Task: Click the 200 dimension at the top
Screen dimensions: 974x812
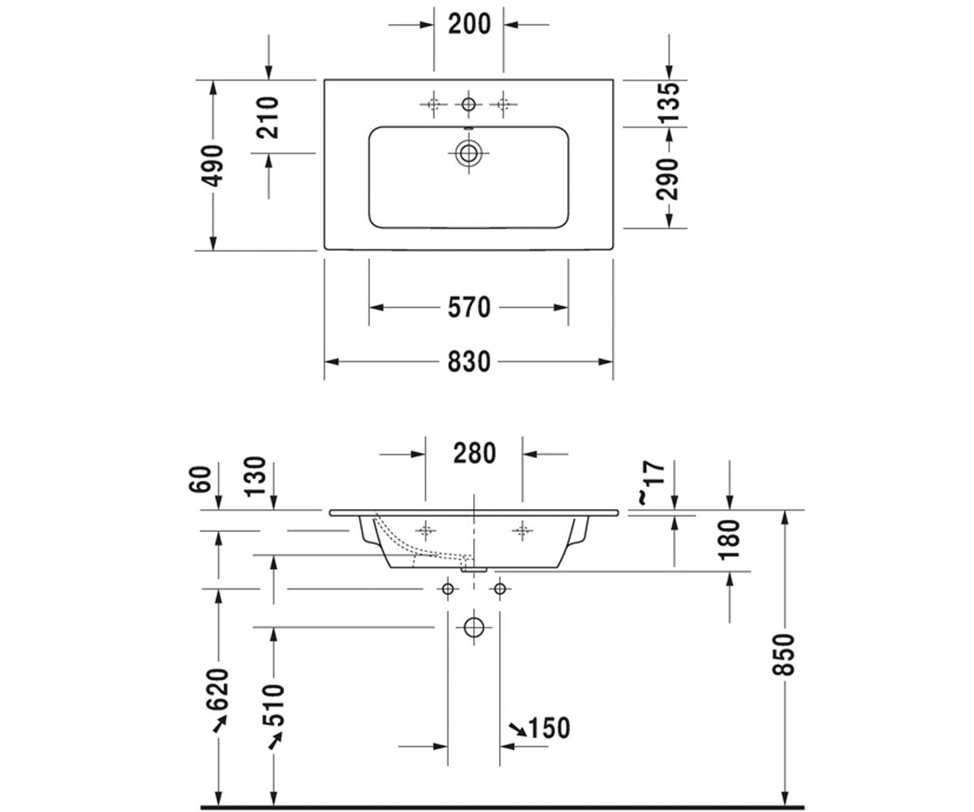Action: (x=469, y=24)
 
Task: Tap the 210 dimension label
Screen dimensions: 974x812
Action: (x=268, y=118)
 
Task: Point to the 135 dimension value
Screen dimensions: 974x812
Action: (x=669, y=101)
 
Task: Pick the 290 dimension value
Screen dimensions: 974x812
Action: (x=667, y=179)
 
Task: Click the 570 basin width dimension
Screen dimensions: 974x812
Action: (x=469, y=308)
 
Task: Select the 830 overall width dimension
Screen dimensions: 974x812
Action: (x=469, y=361)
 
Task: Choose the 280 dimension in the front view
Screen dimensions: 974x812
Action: (x=475, y=453)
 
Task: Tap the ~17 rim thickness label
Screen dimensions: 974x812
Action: (x=651, y=482)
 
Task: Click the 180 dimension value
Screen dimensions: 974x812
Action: (x=729, y=539)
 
